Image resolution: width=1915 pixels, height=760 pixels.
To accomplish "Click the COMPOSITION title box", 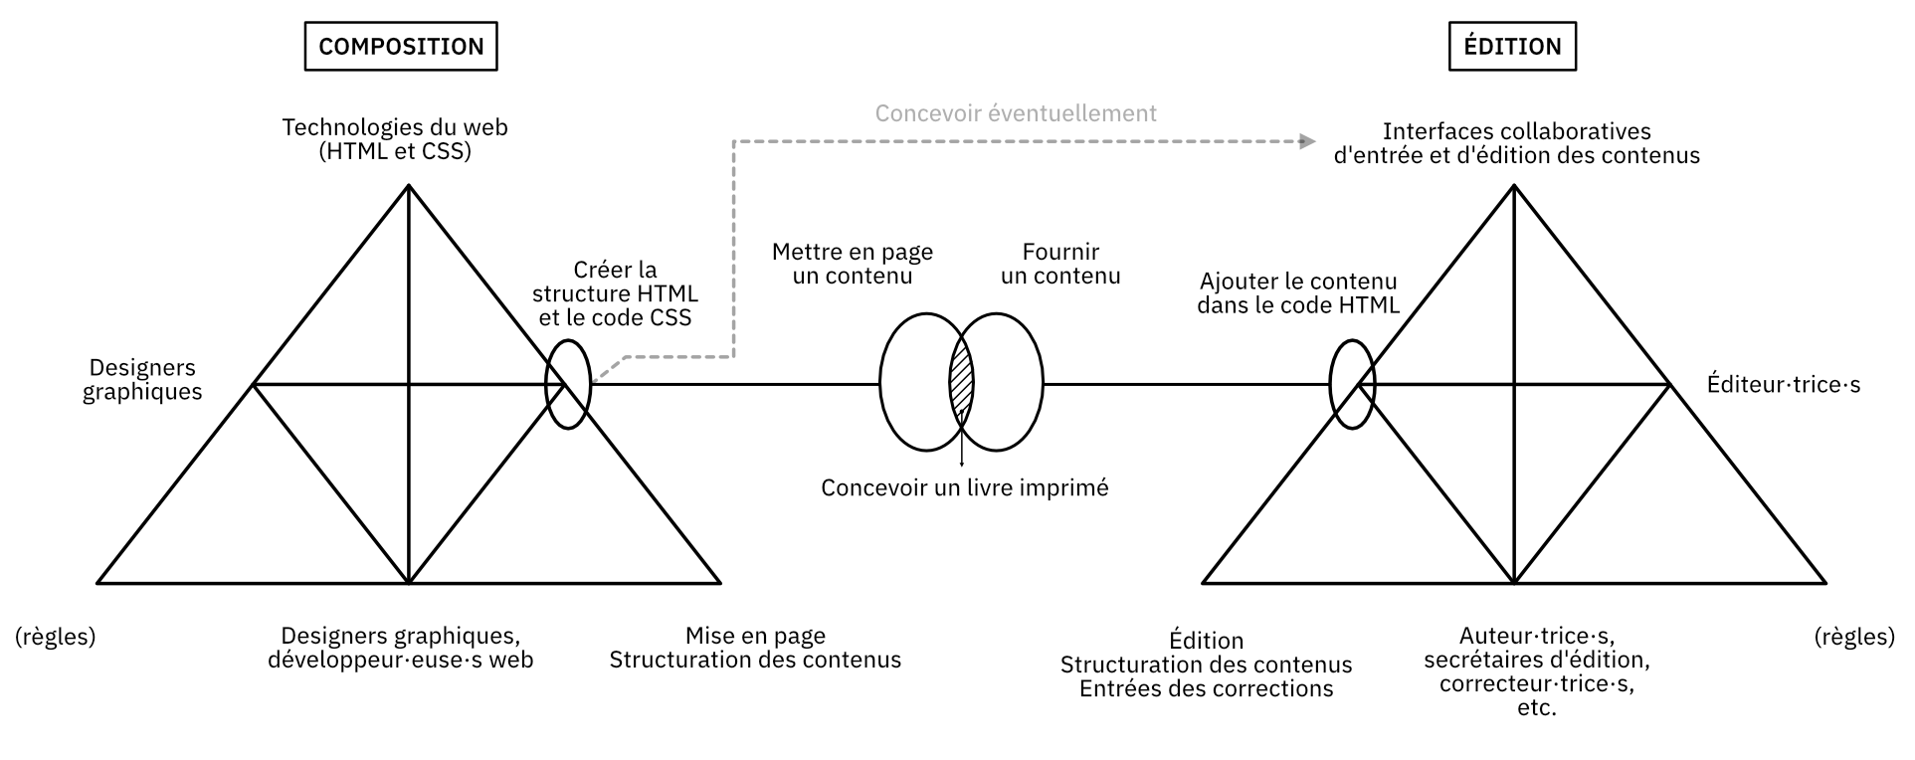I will point(401,47).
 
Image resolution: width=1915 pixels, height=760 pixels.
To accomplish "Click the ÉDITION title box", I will point(1512,47).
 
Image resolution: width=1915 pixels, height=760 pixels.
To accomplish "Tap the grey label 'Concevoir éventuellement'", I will point(1016,113).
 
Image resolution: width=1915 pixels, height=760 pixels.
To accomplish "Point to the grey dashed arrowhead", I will point(1306,141).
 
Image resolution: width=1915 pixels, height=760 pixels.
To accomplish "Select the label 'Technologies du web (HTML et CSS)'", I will point(395,139).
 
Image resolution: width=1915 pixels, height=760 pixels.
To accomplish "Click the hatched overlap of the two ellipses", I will point(961,383).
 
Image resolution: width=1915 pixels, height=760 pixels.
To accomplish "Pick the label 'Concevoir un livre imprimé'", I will point(964,487).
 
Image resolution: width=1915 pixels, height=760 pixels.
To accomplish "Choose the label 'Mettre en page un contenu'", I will point(853,264).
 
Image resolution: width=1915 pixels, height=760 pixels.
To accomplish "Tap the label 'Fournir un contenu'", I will point(1060,264).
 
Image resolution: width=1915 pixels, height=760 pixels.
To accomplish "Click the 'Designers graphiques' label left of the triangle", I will point(142,379).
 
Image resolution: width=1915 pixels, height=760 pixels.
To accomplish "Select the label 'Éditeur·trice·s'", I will point(1783,384).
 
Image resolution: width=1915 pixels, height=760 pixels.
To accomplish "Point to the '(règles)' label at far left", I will point(56,637).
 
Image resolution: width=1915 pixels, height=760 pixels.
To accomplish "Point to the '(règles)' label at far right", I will point(1854,637).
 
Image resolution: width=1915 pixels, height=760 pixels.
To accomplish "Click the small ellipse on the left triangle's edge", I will point(568,384).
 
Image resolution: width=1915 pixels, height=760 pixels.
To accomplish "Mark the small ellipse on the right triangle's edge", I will point(1352,384).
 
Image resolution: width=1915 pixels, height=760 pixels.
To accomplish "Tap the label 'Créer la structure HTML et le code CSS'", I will point(615,293).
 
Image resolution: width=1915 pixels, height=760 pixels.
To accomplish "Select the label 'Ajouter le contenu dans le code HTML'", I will point(1298,293).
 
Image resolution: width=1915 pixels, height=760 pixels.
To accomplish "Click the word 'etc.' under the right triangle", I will point(1537,708).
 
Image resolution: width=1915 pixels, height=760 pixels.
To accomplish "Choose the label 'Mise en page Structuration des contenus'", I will point(755,648).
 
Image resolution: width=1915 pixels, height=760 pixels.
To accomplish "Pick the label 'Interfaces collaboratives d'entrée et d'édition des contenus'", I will point(1516,143).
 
